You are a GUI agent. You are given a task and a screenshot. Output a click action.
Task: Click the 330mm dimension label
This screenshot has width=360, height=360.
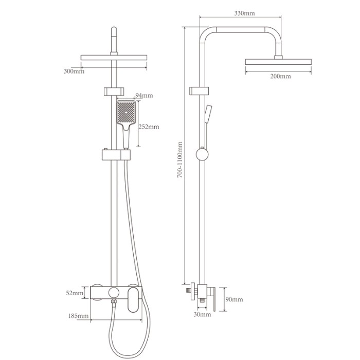(244, 13)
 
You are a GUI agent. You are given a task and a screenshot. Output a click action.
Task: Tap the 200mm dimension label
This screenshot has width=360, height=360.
(280, 76)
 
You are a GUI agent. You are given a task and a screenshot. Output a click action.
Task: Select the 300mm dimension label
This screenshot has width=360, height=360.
(74, 71)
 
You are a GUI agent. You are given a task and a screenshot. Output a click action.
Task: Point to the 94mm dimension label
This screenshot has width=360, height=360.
(144, 95)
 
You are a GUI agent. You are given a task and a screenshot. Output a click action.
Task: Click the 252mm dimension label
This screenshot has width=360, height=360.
(149, 127)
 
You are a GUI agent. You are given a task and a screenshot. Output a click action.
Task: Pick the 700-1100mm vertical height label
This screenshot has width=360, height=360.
(180, 160)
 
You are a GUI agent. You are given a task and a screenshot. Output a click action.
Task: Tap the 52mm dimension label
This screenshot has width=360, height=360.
(75, 293)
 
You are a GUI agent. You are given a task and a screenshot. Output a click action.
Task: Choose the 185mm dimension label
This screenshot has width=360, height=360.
(78, 316)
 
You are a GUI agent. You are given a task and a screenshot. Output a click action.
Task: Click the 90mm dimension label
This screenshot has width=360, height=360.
(234, 299)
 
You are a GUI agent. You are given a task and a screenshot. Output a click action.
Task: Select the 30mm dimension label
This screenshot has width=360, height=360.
(202, 314)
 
